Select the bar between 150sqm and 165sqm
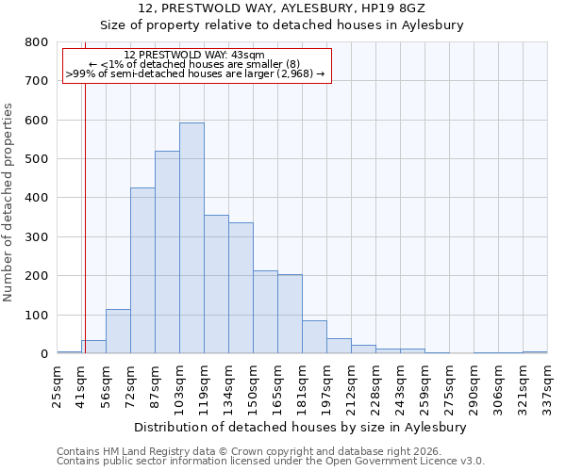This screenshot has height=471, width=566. pyautogui.click(x=265, y=312)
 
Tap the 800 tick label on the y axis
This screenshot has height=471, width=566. pyautogui.click(x=37, y=42)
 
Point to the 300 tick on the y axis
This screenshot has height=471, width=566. pyautogui.click(x=37, y=237)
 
